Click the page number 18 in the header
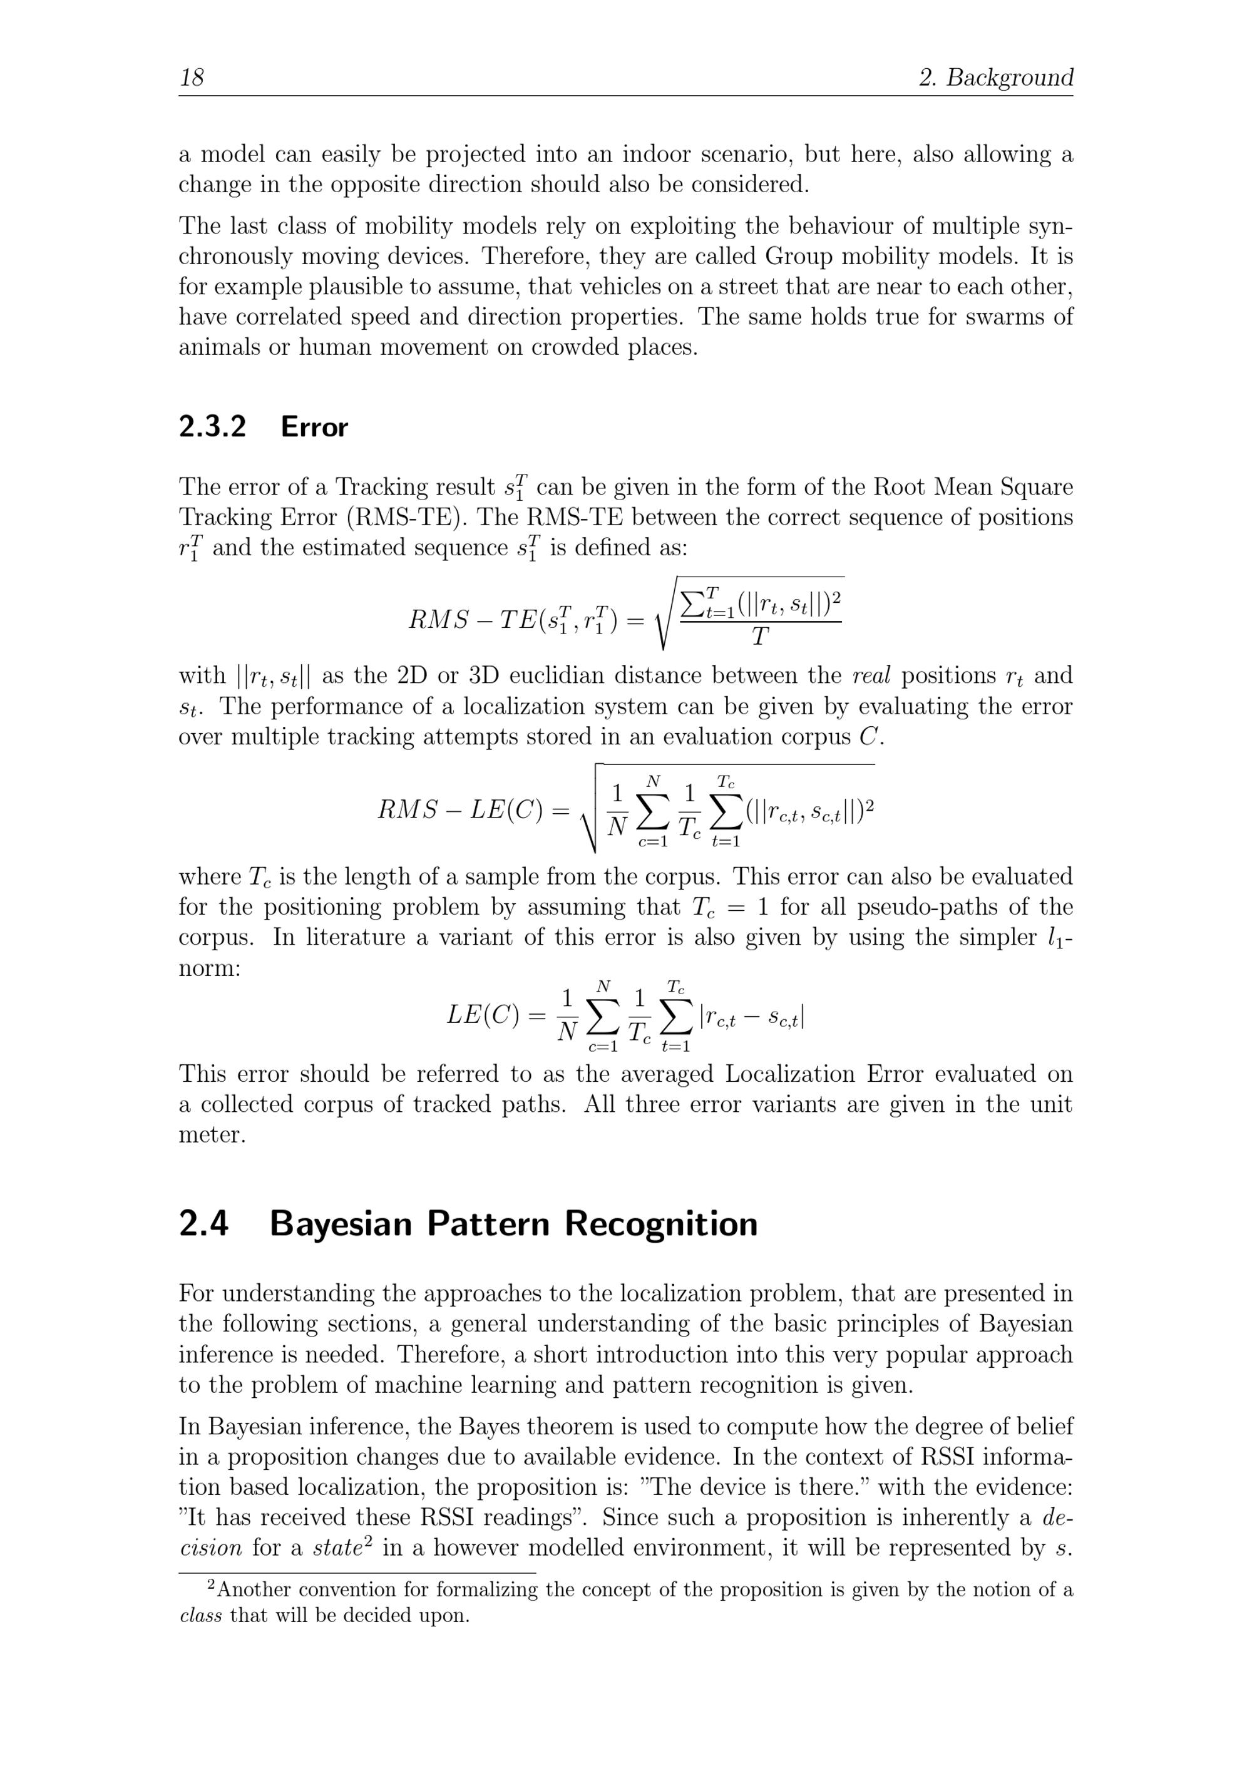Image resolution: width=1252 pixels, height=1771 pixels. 192,77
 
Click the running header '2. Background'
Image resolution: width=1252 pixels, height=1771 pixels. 995,77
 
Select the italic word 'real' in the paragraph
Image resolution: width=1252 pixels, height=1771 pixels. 871,675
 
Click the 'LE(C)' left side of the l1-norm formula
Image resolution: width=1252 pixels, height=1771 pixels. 484,1015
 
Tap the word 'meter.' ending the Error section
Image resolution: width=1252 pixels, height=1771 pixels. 212,1134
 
